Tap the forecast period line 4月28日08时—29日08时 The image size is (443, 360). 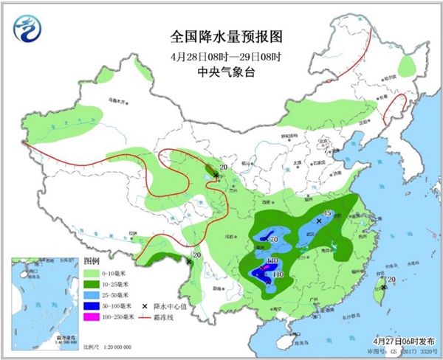click(221, 55)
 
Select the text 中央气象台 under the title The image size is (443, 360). click(221, 72)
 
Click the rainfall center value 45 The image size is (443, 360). click(328, 214)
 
